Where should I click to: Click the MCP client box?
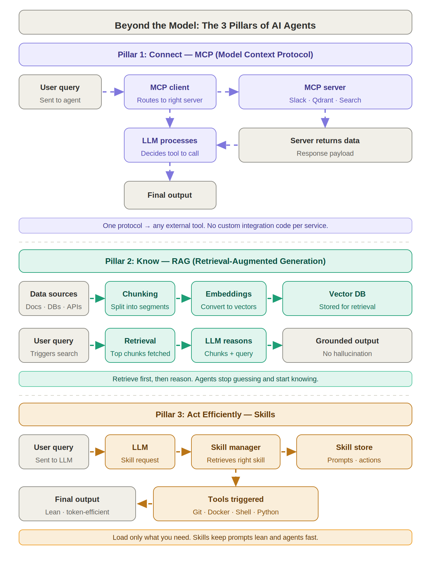coord(170,92)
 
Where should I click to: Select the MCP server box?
coord(325,92)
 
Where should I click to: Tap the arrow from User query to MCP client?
coord(113,92)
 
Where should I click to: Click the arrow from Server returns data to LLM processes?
coord(227,145)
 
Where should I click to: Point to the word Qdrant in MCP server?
coord(323,100)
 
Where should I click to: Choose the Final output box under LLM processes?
coord(170,195)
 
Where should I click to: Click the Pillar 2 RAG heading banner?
coord(215,261)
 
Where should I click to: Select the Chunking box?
coord(140,298)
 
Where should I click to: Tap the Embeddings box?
coord(228,298)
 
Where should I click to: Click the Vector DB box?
coord(347,298)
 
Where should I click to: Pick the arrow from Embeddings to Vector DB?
coord(275,298)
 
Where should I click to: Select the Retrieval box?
coord(140,345)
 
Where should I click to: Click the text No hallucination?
coord(347,354)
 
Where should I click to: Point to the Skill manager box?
coord(235,452)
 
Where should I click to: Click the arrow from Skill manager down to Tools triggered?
coord(235,478)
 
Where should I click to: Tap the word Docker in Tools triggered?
coord(218,512)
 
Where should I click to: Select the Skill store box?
coord(354,452)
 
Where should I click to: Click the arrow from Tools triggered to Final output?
coord(144,504)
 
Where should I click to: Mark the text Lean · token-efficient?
coord(77,512)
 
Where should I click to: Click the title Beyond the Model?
coord(215,25)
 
